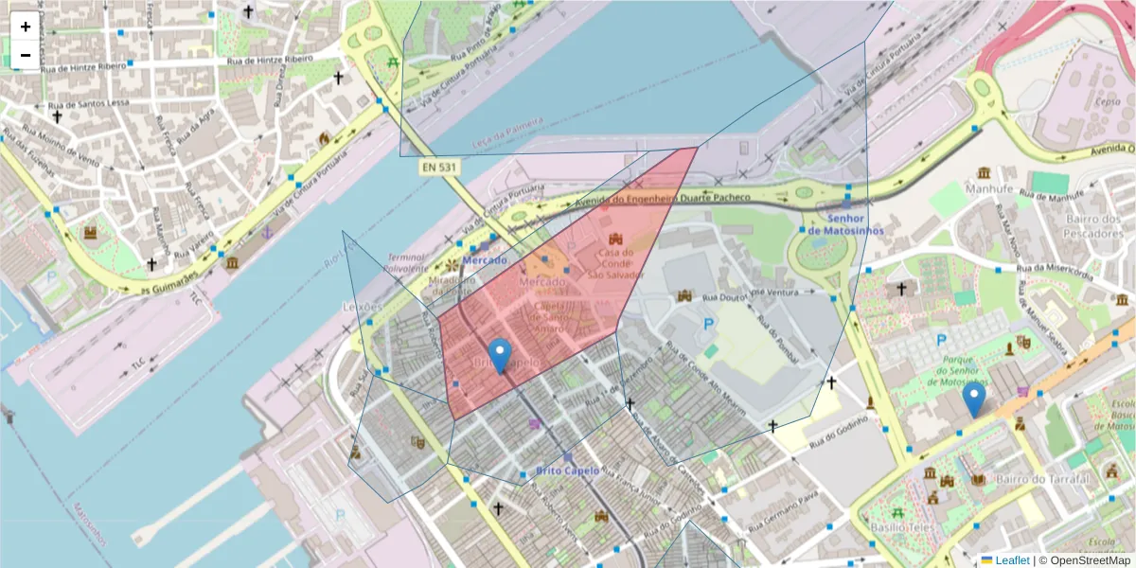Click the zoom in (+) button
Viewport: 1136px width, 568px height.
click(x=26, y=27)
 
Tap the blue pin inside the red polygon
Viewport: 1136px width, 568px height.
click(x=500, y=355)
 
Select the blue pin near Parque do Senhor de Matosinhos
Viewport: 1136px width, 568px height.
click(x=973, y=399)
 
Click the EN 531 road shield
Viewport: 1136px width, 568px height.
click(x=440, y=167)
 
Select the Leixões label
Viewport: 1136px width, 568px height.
click(x=362, y=307)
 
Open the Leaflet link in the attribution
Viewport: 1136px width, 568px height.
click(x=1012, y=559)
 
